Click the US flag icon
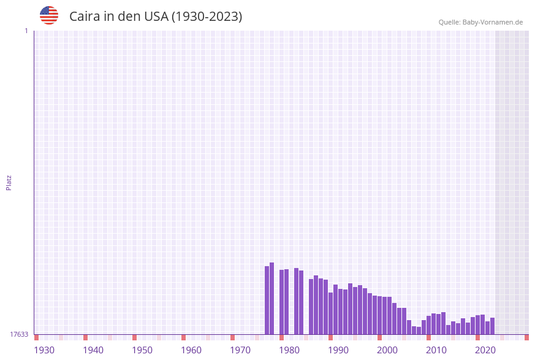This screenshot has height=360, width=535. pos(49,15)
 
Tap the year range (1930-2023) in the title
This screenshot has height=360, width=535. pos(207,17)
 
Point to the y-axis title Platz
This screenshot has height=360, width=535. pos(9,182)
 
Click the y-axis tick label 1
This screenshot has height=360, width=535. pos(26,31)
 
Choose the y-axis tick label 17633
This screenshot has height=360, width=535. pos(19,334)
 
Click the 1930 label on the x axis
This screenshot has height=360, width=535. pos(44,350)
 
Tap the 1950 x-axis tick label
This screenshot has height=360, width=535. pos(142,350)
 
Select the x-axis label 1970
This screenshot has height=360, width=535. pos(240,350)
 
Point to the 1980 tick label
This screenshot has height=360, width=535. pos(289,350)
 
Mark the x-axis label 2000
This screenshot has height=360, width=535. pos(387,350)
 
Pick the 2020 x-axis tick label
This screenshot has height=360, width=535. pos(485,350)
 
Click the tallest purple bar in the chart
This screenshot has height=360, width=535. pos(272,299)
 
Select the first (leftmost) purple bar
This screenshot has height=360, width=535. pos(267,301)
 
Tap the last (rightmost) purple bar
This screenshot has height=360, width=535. pos(493,326)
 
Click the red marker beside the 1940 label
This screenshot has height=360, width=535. pos(86,337)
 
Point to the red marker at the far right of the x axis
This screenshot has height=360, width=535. pos(526,337)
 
